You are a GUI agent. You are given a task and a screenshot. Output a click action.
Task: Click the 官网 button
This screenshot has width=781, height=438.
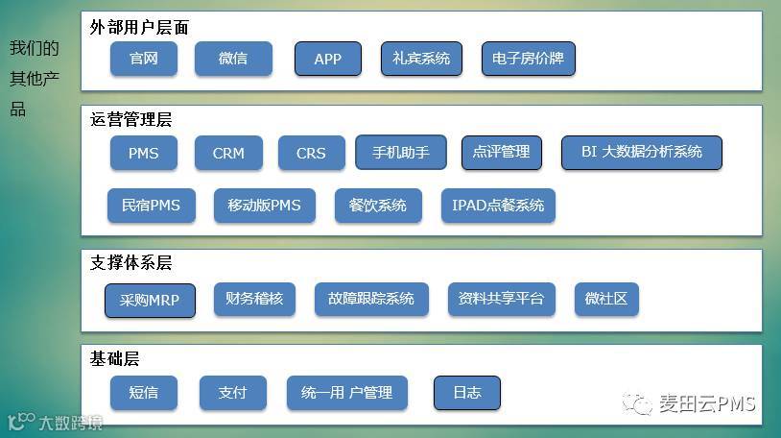[x=143, y=59]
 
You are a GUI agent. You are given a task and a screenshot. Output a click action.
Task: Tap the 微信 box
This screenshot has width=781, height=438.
[x=233, y=59]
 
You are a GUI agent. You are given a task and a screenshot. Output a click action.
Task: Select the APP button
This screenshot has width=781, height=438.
[x=328, y=59]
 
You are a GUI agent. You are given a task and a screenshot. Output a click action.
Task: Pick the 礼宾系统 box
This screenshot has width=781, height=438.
[x=421, y=59]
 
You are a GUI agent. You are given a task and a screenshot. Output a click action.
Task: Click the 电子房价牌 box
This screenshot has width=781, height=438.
[x=528, y=59]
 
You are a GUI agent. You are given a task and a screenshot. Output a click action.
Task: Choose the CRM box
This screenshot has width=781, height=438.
[x=228, y=153]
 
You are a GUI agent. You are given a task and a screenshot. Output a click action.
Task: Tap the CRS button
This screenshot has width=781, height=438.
[x=311, y=153]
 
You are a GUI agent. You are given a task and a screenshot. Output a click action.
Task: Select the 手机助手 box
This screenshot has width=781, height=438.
[x=400, y=152]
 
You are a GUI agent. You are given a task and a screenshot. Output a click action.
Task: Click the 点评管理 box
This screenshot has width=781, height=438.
[x=501, y=152]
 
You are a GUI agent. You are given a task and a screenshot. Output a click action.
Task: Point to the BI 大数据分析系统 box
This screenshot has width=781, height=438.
[x=641, y=152]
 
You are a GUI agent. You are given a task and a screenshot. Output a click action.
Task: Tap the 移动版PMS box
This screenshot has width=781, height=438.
[x=264, y=206]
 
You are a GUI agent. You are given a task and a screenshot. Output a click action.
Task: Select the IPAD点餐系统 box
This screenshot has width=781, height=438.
[x=498, y=206]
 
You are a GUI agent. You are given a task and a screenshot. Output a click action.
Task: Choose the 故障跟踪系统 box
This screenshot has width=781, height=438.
[x=370, y=299]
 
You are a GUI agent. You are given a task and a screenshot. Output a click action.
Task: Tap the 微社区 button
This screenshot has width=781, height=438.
[x=606, y=299]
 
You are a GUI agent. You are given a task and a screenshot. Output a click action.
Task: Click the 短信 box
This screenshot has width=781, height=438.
[x=143, y=393]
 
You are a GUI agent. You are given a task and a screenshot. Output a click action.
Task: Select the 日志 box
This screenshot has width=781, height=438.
[x=466, y=393]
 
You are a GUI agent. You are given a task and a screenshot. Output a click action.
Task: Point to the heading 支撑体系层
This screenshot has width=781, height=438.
[x=131, y=262]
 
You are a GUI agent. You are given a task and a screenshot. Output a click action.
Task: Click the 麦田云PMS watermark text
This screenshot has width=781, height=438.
[x=707, y=403]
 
